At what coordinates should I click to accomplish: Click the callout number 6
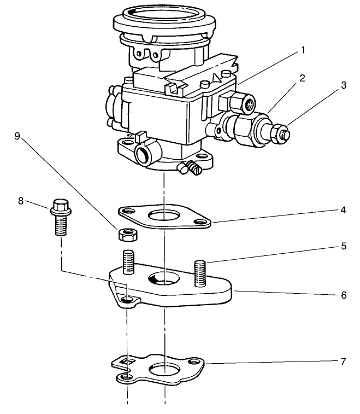[x=343, y=295]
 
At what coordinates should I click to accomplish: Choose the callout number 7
[x=343, y=361]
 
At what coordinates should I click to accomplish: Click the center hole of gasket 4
[x=163, y=215]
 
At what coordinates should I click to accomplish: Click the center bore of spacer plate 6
[x=163, y=278]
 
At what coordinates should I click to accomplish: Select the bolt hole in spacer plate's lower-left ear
[x=127, y=300]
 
